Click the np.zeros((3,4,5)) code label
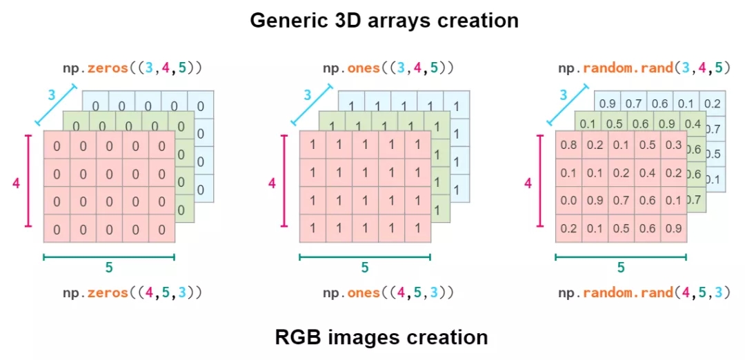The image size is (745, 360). click(133, 68)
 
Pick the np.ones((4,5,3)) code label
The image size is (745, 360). click(388, 293)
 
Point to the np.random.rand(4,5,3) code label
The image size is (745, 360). click(644, 293)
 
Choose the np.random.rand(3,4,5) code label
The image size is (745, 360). click(644, 68)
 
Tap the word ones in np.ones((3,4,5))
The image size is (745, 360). click(364, 68)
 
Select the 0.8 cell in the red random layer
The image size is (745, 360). click(568, 146)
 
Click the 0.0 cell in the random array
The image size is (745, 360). click(568, 201)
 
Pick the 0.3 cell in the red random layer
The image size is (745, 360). click(674, 146)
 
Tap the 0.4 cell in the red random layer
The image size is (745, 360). click(648, 173)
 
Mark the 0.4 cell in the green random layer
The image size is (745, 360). click(693, 124)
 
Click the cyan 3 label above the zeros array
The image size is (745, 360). click(51, 95)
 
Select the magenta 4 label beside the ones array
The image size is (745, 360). click(272, 183)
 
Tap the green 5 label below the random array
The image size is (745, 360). click(621, 268)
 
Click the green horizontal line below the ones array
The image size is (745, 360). click(365, 257)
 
